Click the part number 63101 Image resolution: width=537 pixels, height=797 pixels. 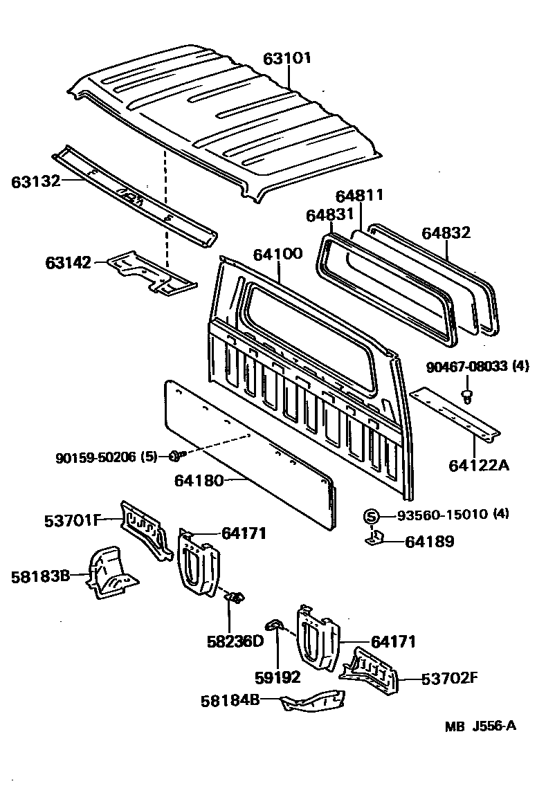pos(287,59)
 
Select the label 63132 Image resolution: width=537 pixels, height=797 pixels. pos(35,181)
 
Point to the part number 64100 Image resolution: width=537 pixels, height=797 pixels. pos(277,253)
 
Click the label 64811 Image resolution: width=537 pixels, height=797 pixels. pos(360,196)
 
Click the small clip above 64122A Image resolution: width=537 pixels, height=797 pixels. pos(468,396)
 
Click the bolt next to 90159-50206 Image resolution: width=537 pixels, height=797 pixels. pos(174,455)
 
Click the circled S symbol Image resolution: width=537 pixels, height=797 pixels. pos(371,515)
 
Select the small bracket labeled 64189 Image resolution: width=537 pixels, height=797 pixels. pos(374,538)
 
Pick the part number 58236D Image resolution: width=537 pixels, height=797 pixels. pos(235,641)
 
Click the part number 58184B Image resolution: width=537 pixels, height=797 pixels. pos(230,701)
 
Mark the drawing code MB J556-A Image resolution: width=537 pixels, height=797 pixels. pos(481,726)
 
